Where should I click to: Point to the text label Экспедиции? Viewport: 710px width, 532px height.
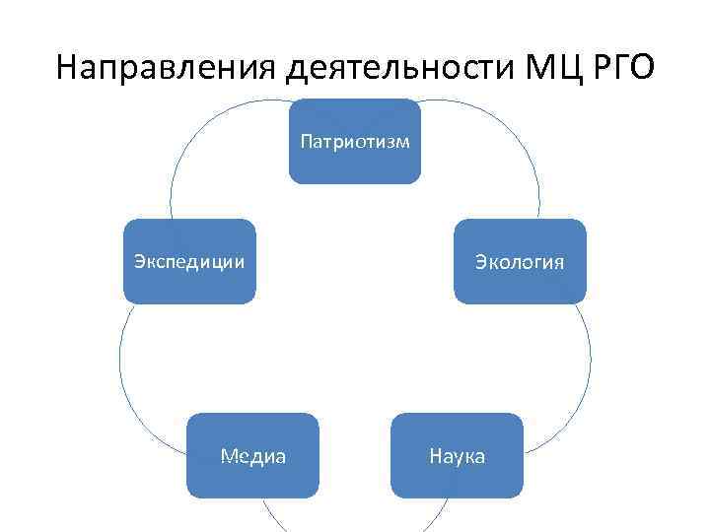pyautogui.click(x=189, y=261)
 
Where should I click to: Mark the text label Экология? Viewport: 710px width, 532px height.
pyautogui.click(x=520, y=261)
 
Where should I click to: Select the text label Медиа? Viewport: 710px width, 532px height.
pyautogui.click(x=253, y=456)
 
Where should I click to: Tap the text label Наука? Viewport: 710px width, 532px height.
pyautogui.click(x=457, y=456)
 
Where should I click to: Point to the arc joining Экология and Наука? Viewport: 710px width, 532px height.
pyautogui.click(x=590, y=365)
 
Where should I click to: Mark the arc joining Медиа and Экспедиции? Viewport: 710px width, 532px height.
pyautogui.click(x=120, y=365)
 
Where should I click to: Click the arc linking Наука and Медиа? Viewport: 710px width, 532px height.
pyautogui.click(x=355, y=529)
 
